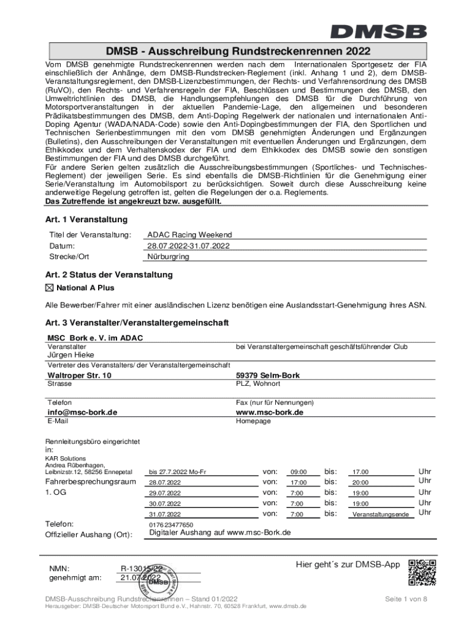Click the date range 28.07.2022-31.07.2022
[x=188, y=246]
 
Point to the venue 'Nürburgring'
[x=169, y=257]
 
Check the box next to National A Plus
[x=50, y=288]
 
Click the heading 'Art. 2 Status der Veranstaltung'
[x=108, y=275]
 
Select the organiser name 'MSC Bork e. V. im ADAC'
[x=95, y=338]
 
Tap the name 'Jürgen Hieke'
[x=72, y=355]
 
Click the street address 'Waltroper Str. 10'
[x=79, y=375]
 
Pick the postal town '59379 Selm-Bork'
[x=268, y=375]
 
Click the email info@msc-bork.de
[x=82, y=412]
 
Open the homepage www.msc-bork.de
[x=270, y=412]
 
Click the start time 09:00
[x=299, y=472]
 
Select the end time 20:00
[x=360, y=482]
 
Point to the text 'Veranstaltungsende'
[x=380, y=515]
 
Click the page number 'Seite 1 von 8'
[x=405, y=598]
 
